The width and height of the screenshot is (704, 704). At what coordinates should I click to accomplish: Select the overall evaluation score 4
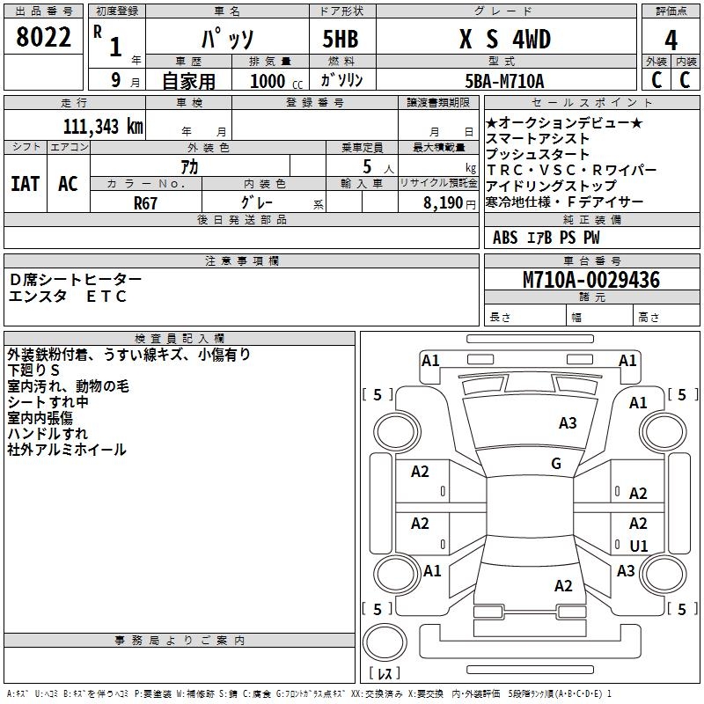pos(671,40)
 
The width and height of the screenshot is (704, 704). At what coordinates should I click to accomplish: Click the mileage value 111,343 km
pos(103,126)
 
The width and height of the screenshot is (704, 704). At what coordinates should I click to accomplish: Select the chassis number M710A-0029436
pos(590,281)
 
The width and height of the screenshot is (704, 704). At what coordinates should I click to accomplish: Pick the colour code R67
pos(146,202)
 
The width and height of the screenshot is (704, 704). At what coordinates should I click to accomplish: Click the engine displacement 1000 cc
pos(275,82)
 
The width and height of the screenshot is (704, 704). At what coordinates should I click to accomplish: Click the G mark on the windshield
pos(555,463)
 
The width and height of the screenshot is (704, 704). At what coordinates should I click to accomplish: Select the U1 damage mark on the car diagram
pos(639,546)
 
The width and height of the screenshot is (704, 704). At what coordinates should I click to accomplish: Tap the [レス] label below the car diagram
pos(384,673)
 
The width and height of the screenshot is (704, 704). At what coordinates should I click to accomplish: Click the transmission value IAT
pos(25,184)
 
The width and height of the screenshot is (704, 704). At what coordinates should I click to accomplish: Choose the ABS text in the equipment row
pos(505,238)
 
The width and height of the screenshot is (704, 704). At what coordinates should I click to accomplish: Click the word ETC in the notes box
pos(106,297)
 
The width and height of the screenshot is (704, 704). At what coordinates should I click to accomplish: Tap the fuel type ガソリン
pos(341,81)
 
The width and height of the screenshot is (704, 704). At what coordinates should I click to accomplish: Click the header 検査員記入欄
pos(180,338)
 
